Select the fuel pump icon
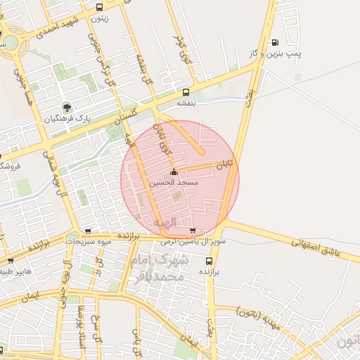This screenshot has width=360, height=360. pos(274,42)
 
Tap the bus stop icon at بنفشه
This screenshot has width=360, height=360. pos(186,92)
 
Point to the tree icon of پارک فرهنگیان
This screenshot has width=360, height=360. pos(67,108)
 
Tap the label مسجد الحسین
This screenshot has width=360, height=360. pos(174,183)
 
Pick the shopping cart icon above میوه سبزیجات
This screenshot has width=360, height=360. pos(87,231)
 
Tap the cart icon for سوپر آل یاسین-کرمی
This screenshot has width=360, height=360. pos(193,231)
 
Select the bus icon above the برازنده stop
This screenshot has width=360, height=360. pos(208,260)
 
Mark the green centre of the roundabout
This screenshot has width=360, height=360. pos(10,42)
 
